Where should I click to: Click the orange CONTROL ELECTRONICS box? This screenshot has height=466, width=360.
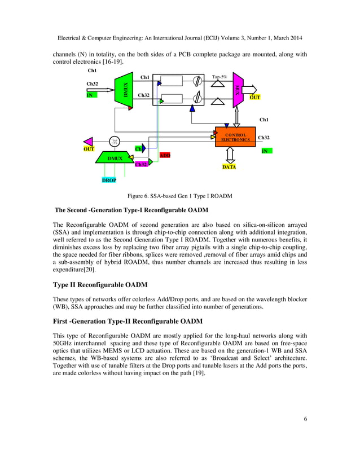pyautogui.click(x=236, y=137)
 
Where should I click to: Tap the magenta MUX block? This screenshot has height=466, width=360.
pyautogui.click(x=238, y=90)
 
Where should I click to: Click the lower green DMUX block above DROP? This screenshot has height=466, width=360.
pyautogui.click(x=116, y=159)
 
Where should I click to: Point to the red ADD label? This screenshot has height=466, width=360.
pyautogui.click(x=165, y=155)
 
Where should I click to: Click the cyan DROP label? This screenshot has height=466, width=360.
pyautogui.click(x=109, y=180)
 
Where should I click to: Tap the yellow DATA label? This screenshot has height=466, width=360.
pyautogui.click(x=229, y=168)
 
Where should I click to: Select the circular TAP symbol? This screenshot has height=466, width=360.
pyautogui.click(x=115, y=141)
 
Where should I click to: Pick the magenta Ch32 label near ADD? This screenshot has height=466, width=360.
pyautogui.click(x=141, y=164)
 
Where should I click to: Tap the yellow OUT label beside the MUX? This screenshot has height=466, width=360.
pyautogui.click(x=256, y=97)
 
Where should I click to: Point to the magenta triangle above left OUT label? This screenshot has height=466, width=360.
pyautogui.click(x=87, y=142)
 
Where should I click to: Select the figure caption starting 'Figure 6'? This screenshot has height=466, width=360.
pyautogui.click(x=179, y=196)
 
